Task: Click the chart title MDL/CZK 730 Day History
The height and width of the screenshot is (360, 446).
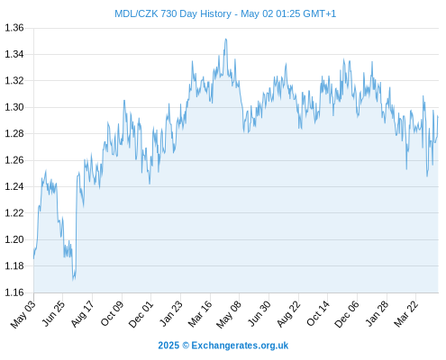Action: [173, 13]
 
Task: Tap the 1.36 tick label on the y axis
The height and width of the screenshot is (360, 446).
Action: [14, 28]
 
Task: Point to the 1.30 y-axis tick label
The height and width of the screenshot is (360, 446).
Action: [14, 107]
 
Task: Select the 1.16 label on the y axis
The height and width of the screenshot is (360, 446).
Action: [14, 292]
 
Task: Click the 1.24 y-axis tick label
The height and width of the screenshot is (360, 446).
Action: [14, 186]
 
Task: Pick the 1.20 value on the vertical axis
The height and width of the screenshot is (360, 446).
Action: [14, 239]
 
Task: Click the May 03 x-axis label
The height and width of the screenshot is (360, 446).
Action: [23, 314]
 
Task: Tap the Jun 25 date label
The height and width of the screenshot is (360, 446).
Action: [52, 314]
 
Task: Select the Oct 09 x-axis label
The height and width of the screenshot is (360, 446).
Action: [112, 314]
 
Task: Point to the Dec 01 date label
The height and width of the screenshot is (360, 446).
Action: [141, 314]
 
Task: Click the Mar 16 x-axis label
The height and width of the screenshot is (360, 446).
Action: [200, 314]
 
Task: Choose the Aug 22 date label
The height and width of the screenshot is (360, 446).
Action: [288, 314]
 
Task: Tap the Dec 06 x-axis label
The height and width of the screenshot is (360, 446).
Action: [347, 314]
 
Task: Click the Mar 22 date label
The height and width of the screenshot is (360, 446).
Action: [405, 314]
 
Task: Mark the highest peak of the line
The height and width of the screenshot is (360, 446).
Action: [226, 39]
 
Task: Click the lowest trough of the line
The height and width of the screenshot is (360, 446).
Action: [73, 280]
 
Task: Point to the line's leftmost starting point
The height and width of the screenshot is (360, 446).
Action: [33, 258]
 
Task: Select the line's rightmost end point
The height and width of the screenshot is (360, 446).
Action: [438, 116]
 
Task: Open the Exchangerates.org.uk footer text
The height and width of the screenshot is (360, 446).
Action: [240, 346]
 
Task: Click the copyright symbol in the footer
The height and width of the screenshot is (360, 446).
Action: [186, 346]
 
